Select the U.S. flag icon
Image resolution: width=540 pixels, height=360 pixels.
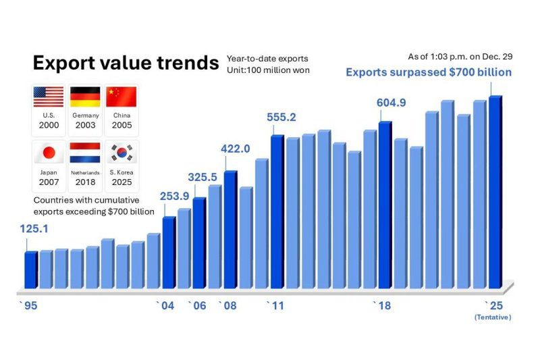49,97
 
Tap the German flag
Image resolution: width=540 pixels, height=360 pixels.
85,97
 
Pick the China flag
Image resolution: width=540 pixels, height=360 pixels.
122,97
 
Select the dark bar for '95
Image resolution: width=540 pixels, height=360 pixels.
30,269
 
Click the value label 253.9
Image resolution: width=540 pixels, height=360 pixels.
175,197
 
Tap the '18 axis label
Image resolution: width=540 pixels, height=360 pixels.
382,306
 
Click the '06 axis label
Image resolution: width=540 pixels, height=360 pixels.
197,306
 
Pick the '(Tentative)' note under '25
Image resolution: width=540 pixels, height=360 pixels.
493,317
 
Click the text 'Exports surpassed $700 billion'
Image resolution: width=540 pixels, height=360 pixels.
429,72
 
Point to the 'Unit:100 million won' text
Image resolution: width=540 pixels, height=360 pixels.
268,70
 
